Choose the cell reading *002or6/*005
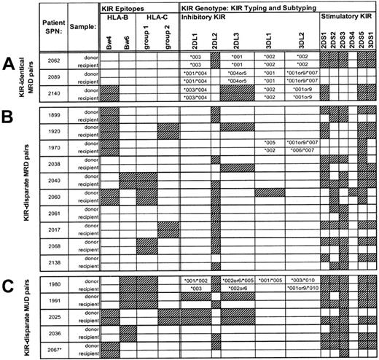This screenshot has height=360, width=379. coord(236,281)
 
